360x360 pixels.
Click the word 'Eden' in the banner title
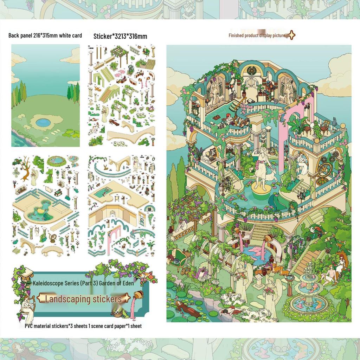tap(128, 283)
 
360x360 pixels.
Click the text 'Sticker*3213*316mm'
tap(120, 36)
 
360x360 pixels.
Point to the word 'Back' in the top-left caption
tap(14, 36)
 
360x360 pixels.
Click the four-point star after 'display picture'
tap(291, 35)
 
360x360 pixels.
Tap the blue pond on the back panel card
tap(43, 123)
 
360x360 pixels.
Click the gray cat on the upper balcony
tap(334, 122)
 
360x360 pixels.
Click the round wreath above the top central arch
tap(252, 71)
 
